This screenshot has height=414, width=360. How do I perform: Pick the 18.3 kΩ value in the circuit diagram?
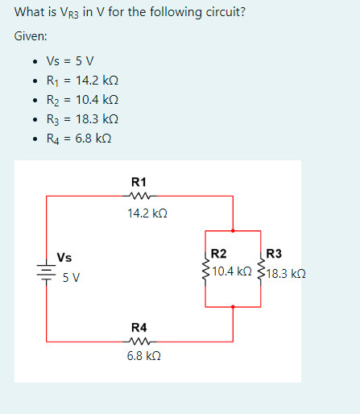click(286, 273)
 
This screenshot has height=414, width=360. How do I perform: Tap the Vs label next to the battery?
click(64, 258)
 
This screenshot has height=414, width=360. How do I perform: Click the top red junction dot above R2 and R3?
click(233, 230)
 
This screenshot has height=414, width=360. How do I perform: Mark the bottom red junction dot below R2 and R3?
click(233, 307)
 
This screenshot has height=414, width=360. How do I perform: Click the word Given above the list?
click(31, 36)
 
